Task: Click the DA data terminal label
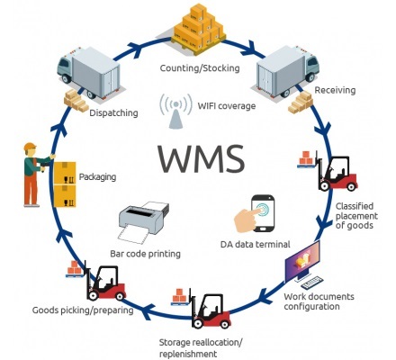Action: pyautogui.click(x=256, y=246)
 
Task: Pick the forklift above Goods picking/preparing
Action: pyautogui.click(x=104, y=282)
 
